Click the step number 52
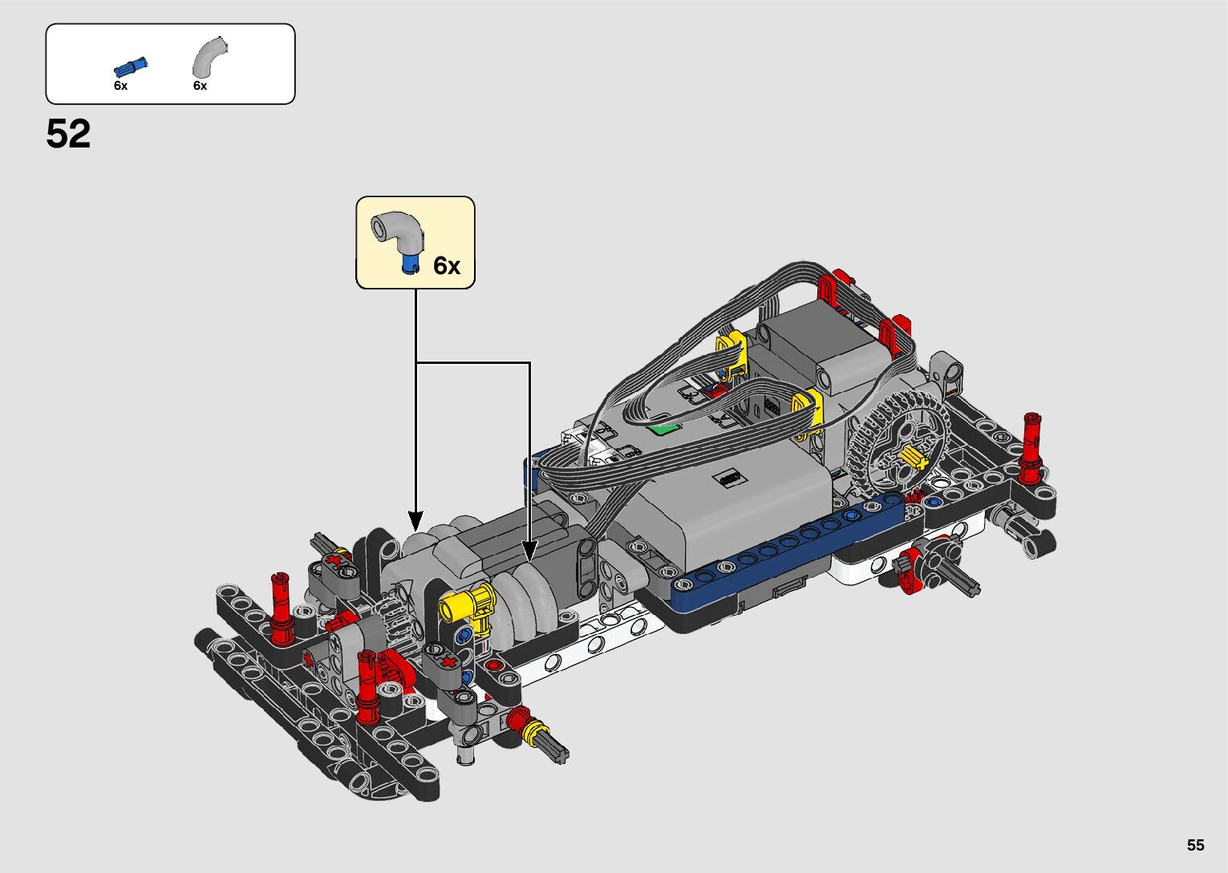(68, 134)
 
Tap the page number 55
(1196, 845)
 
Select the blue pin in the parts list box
(131, 67)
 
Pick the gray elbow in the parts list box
(209, 56)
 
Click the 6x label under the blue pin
(120, 86)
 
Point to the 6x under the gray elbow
(200, 86)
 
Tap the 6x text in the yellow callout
(447, 266)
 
